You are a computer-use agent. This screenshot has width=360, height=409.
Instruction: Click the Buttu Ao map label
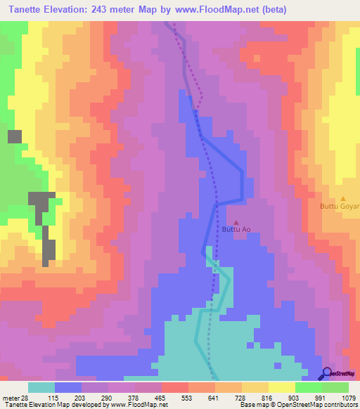pyautogui.click(x=236, y=229)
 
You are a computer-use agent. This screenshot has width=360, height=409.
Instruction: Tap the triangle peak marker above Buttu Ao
pyautogui.click(x=236, y=222)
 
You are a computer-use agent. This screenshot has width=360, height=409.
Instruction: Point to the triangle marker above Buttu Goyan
pyautogui.click(x=343, y=200)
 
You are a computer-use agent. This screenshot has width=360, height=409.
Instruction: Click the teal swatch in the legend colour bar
pyautogui.click(x=41, y=387)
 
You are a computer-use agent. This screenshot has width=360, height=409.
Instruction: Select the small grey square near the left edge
pyautogui.click(x=14, y=136)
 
